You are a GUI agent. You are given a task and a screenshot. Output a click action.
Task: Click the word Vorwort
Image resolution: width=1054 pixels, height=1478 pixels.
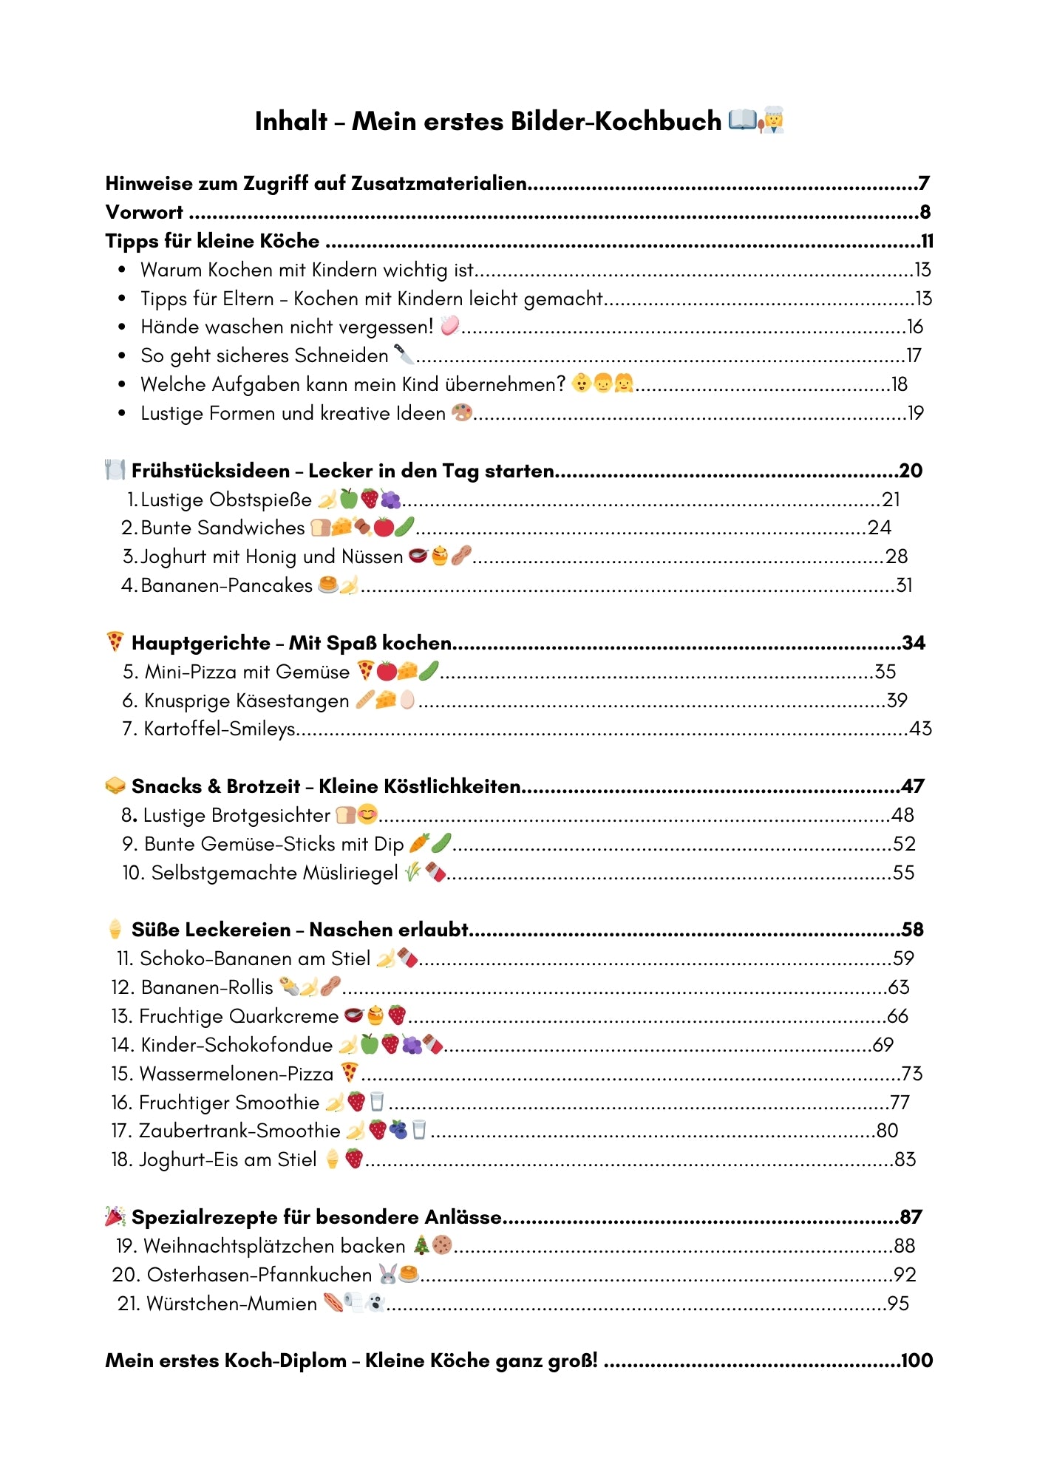pyautogui.click(x=144, y=212)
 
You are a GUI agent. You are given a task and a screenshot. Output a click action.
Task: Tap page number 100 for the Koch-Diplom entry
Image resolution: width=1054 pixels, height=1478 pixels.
pyautogui.click(x=917, y=1360)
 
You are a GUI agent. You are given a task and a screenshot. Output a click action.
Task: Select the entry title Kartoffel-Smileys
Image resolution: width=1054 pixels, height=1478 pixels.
pyautogui.click(x=220, y=729)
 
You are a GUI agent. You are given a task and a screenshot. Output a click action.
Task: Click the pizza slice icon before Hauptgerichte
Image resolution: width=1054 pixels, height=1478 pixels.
pyautogui.click(x=115, y=641)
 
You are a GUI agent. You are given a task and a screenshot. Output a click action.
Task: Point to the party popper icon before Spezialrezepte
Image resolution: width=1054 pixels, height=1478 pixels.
pyautogui.click(x=115, y=1216)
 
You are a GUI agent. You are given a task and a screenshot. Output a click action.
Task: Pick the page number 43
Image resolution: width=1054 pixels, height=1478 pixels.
pyautogui.click(x=920, y=729)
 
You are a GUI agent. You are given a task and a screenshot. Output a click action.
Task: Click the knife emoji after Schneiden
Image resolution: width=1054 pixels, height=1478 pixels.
pyautogui.click(x=404, y=355)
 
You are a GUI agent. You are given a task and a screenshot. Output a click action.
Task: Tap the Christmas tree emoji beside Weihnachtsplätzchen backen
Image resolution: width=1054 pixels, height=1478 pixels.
pyautogui.click(x=421, y=1245)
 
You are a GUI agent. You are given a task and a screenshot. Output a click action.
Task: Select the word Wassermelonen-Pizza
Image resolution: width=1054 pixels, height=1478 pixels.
pyautogui.click(x=237, y=1074)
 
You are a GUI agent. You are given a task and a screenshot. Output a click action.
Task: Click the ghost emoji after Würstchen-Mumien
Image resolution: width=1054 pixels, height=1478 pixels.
pyautogui.click(x=376, y=1303)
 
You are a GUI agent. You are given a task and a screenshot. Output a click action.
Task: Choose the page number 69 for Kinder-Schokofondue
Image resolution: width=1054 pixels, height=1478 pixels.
pyautogui.click(x=883, y=1045)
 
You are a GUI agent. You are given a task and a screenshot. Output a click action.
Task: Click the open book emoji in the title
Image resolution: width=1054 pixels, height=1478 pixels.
pyautogui.click(x=742, y=120)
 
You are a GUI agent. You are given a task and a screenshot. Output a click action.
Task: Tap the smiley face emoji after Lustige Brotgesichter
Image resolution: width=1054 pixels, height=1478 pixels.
pyautogui.click(x=367, y=814)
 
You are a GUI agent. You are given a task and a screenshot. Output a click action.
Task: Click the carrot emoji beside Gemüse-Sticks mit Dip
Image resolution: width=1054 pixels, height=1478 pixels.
pyautogui.click(x=419, y=843)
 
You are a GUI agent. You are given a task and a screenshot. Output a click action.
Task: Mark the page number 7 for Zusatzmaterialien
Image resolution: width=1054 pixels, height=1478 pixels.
pyautogui.click(x=924, y=183)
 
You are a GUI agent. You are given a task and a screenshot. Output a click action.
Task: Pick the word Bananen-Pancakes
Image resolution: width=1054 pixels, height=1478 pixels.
pyautogui.click(x=226, y=586)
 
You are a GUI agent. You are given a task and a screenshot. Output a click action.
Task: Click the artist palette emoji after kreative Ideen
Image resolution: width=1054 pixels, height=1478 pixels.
pyautogui.click(x=461, y=412)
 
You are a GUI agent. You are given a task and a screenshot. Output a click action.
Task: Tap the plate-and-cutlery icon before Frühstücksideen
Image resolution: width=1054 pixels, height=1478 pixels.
pyautogui.click(x=115, y=470)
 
